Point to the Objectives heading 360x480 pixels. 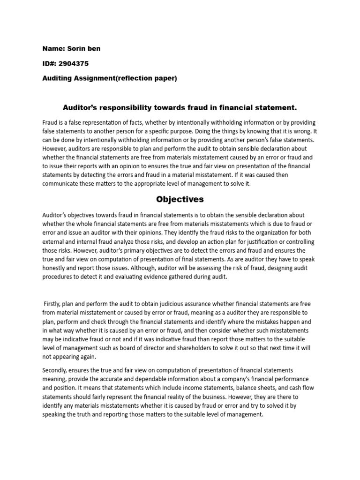coord(180,199)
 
